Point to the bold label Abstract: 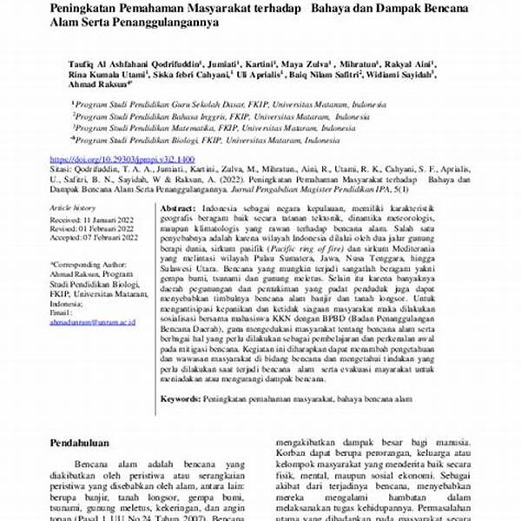coord(178,210)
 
